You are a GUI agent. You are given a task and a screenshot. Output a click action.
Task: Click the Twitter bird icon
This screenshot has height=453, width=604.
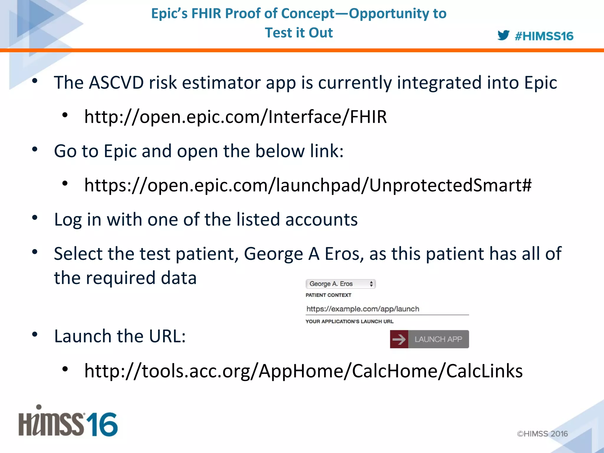(x=503, y=35)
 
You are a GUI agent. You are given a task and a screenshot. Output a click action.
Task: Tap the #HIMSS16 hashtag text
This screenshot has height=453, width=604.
(x=544, y=36)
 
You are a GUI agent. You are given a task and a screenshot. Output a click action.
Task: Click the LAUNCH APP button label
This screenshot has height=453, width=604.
(x=438, y=339)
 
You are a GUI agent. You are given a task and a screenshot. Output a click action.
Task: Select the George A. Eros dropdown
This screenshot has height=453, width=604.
(x=340, y=284)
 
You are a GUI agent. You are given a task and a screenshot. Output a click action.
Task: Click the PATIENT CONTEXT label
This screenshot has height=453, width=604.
(x=328, y=295)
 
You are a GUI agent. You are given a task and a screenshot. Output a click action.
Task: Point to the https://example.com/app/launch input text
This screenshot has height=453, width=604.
(x=363, y=309)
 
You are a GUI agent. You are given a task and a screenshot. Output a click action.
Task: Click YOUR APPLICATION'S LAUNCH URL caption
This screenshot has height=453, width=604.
(x=349, y=321)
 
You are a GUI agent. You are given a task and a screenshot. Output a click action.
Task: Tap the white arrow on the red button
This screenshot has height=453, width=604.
(x=399, y=339)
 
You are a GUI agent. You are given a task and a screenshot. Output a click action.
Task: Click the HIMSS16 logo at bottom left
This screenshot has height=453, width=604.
(x=68, y=422)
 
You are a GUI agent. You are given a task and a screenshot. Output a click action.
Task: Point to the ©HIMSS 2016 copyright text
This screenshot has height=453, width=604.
(x=542, y=434)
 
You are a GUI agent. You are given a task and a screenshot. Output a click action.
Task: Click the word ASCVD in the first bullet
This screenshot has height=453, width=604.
(x=116, y=83)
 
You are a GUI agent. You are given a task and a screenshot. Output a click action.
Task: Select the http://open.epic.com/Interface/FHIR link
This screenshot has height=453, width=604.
(x=235, y=117)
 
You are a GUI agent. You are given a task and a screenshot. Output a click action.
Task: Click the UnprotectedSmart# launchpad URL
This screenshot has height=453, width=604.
(x=308, y=186)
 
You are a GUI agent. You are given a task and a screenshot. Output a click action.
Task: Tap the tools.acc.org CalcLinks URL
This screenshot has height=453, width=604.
(x=303, y=371)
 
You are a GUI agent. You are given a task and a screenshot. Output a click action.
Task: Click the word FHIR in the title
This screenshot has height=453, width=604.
(x=206, y=14)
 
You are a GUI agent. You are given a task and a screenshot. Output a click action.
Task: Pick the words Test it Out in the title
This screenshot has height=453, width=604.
(x=298, y=33)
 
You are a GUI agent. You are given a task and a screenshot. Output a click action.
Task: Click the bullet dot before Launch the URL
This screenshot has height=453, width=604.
(x=35, y=334)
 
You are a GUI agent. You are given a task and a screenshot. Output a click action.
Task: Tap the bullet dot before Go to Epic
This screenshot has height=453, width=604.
(x=35, y=149)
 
